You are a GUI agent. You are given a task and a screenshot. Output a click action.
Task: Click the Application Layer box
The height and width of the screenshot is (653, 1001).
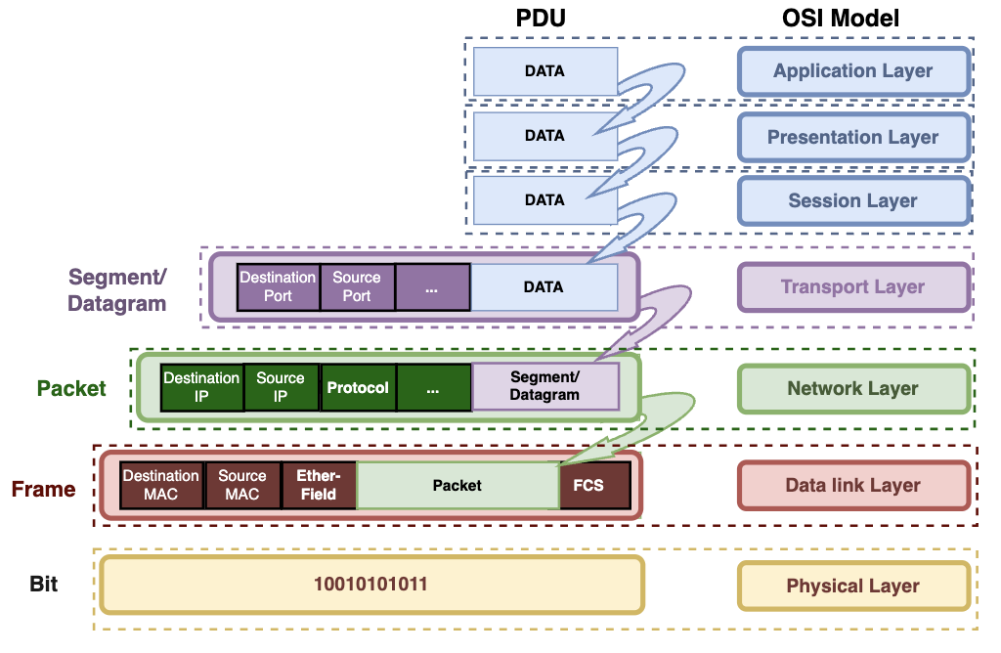coord(852,71)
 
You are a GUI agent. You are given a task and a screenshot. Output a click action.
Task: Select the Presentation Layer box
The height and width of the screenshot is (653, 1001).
coord(852,138)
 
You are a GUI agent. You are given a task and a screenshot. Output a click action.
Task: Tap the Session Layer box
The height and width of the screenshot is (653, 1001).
coord(852,201)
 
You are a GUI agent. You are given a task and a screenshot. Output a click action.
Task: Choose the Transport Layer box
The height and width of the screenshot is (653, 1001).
coord(852,287)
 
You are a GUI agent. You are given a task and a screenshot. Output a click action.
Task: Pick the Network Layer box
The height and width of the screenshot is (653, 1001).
coord(852,389)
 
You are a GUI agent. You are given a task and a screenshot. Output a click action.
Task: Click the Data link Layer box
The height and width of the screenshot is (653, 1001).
coord(852,486)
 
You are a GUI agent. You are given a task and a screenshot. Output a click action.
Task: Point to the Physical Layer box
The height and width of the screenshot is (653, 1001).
coord(852,587)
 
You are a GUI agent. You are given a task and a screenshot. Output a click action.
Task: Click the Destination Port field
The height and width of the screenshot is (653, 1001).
coord(279,286)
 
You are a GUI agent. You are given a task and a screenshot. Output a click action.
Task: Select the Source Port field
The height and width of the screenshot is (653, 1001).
coord(357,286)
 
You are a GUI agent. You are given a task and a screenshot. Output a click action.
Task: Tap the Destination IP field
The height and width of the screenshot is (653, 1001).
coord(201,387)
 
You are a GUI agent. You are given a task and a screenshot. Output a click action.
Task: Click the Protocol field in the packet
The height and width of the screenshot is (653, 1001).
coord(358,387)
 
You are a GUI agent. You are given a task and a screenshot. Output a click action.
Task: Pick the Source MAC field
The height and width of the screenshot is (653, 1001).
coord(242,485)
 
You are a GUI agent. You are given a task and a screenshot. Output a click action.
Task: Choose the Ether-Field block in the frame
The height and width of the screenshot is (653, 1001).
coord(318,485)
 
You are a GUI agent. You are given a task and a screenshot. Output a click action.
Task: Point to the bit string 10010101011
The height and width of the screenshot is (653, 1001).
coord(371,585)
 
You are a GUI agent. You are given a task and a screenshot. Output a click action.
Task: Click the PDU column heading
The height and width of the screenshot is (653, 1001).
coord(541,19)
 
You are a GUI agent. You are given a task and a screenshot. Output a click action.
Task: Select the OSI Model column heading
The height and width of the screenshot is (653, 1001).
coord(852,19)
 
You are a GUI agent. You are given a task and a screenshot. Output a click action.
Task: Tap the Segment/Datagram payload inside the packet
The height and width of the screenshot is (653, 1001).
coord(545,386)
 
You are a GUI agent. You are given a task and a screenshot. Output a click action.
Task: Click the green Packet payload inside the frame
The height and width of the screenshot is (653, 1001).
coord(457,485)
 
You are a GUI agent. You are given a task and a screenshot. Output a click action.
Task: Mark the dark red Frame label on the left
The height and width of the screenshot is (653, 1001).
coord(44,489)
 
